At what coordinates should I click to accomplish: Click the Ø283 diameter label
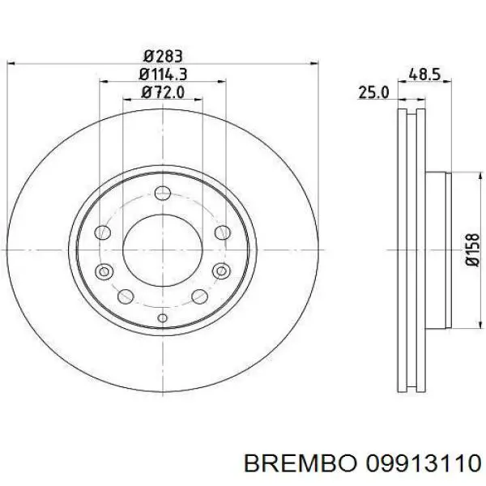(x=162, y=57)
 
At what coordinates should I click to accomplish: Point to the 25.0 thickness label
(x=373, y=93)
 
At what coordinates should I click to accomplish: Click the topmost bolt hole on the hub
(x=162, y=193)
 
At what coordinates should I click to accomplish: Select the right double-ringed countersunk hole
(x=221, y=271)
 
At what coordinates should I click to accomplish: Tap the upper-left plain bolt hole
(x=104, y=233)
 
